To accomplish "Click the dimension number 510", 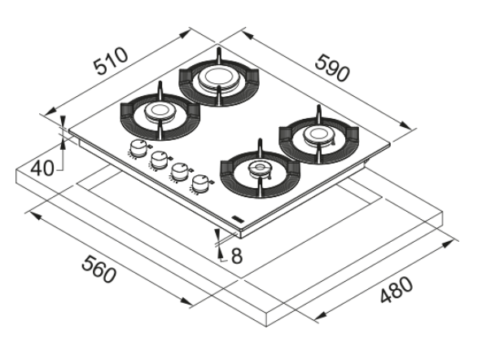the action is [111, 61].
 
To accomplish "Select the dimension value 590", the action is [333, 68].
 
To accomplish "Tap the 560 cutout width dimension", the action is [99, 270].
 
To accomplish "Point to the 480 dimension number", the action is [396, 289].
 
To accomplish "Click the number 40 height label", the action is [42, 169].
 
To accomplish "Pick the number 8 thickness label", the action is [236, 256].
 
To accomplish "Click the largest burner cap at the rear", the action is [218, 77].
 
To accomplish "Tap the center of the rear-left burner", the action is [160, 111].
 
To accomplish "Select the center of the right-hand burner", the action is [318, 134].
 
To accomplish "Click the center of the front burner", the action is [260, 169].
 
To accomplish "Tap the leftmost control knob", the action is [137, 148].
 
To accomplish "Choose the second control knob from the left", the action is [158, 160].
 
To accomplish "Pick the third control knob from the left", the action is [178, 172].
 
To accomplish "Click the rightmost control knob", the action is [199, 183].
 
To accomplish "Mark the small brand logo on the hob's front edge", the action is [238, 218].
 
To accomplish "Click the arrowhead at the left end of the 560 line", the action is [35, 216].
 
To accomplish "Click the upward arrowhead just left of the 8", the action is [219, 252].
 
